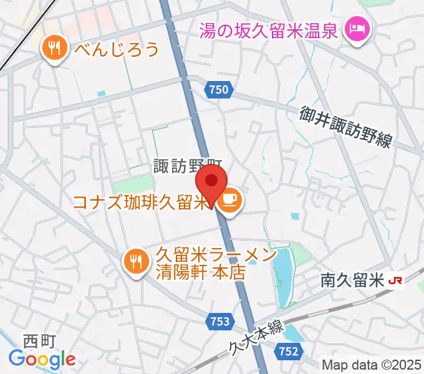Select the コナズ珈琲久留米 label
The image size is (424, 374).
pos(145,203)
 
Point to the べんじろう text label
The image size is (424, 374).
pos(117,49)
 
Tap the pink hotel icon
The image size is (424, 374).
pos(357,29)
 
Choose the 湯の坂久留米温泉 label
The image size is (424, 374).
pos(269,29)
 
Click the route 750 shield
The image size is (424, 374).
pos(219,90)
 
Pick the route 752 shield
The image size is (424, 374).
pos(288,352)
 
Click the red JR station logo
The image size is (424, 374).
pos(395,281)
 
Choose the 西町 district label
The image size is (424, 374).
pos(40,340)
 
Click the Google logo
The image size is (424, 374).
pos(42,358)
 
